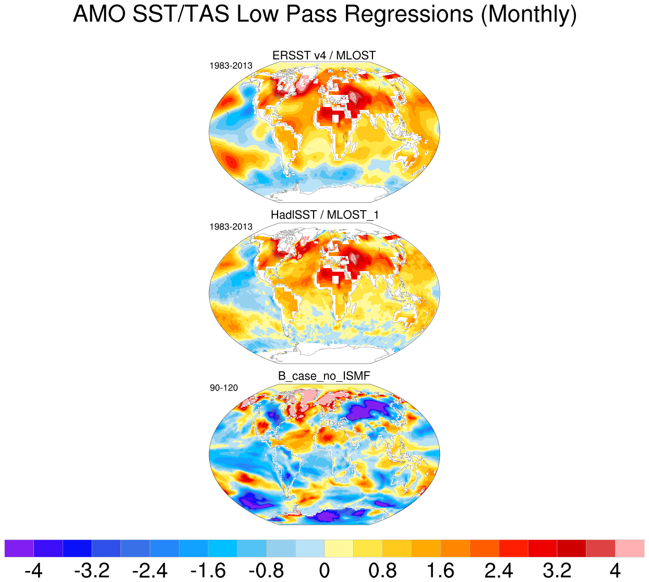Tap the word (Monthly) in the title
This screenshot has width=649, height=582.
(x=528, y=15)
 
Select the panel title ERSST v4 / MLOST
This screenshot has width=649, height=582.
(x=324, y=55)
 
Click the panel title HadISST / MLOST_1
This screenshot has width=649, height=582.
(x=324, y=215)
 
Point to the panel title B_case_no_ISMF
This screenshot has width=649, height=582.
(x=324, y=376)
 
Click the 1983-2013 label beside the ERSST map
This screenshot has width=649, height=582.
(x=231, y=66)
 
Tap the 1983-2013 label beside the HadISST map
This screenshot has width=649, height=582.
(x=231, y=227)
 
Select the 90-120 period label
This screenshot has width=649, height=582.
(x=224, y=388)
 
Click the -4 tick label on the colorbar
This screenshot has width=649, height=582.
(x=33, y=571)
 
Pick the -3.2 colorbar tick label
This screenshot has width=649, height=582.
(x=92, y=571)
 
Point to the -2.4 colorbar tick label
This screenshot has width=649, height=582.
(x=150, y=571)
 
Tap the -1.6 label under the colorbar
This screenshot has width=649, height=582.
(x=208, y=571)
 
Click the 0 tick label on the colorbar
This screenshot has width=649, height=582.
(x=324, y=571)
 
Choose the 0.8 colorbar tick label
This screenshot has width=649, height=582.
(x=382, y=571)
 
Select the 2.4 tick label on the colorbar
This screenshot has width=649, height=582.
(x=499, y=571)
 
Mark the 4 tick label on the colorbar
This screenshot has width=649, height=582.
(x=615, y=571)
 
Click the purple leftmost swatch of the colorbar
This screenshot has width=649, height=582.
(x=19, y=549)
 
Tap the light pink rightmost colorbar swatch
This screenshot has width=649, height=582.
(x=630, y=549)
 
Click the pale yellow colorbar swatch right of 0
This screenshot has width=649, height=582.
(x=339, y=549)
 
